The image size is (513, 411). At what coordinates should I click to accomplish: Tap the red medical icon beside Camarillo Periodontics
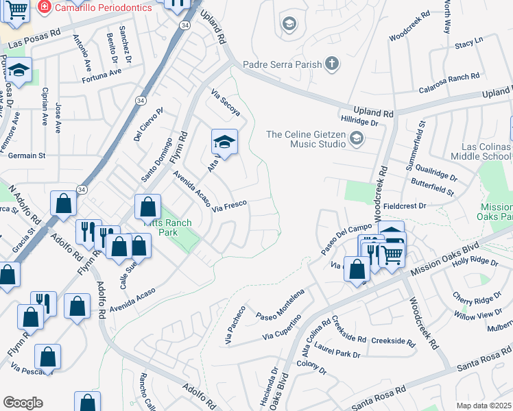click(x=45, y=6)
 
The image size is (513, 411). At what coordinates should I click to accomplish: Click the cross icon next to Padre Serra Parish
click(x=331, y=65)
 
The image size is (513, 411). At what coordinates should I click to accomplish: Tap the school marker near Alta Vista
click(x=224, y=142)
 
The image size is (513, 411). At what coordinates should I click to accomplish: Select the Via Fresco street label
click(x=229, y=206)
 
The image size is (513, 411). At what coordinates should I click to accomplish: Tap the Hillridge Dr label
click(x=360, y=123)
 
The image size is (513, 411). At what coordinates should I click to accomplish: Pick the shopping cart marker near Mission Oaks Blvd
click(x=391, y=254)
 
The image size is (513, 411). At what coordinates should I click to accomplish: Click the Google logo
click(x=23, y=403)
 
